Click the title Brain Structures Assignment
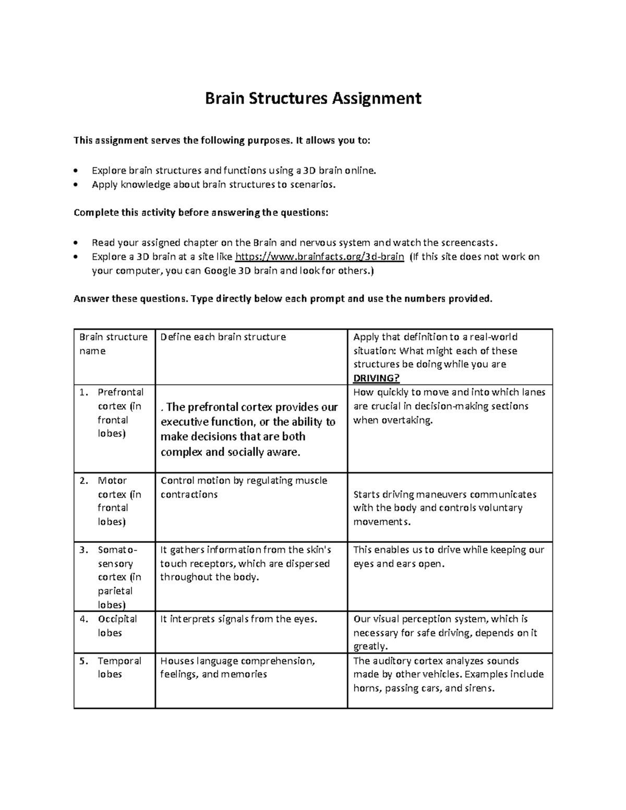click(313, 98)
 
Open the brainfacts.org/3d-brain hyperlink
click(320, 257)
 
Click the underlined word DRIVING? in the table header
click(377, 378)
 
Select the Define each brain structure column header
click(223, 337)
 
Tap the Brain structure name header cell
click(113, 344)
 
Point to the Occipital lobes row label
click(117, 626)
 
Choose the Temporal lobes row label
click(119, 668)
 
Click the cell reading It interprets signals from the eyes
click(239, 619)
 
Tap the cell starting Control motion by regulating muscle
click(244, 487)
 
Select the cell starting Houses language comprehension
click(237, 668)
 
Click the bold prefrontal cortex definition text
click(249, 429)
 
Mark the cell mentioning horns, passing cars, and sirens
click(449, 674)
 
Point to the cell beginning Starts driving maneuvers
click(444, 507)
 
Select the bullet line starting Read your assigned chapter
click(295, 243)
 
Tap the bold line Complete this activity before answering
click(201, 212)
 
